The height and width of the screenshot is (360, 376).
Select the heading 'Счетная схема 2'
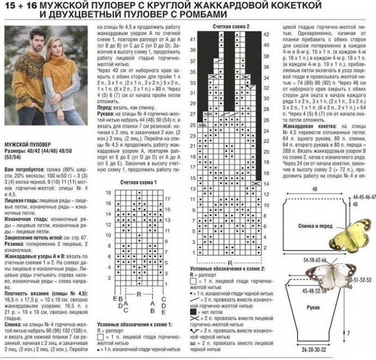pos(232,26)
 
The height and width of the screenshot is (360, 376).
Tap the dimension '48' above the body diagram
pos(314,189)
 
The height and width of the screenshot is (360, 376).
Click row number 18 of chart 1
pos(108,193)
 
